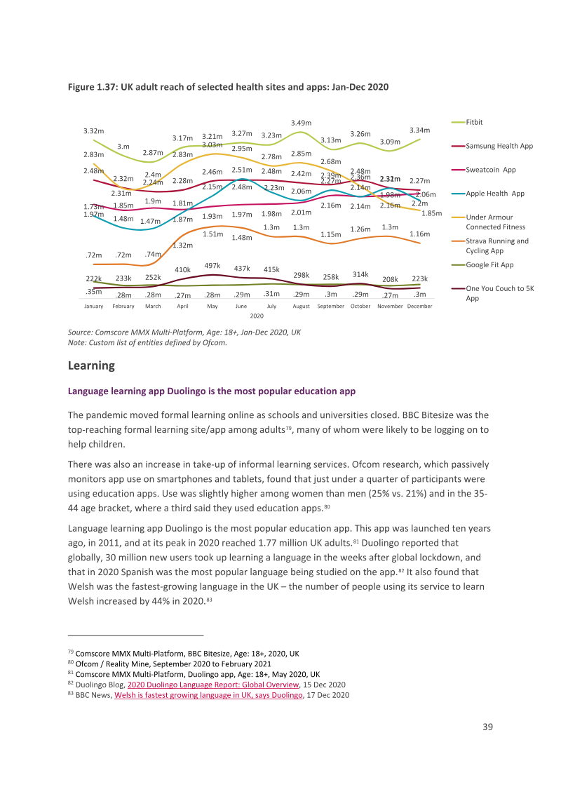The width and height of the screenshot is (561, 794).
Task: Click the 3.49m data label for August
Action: [302, 123]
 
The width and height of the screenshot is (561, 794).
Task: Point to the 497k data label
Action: [212, 266]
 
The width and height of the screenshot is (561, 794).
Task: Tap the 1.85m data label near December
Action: [432, 213]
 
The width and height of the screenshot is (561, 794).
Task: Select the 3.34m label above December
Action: [420, 130]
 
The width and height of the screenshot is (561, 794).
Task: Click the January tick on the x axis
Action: [94, 307]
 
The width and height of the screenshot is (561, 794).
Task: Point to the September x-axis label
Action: [330, 307]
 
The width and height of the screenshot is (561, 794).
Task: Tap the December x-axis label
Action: [420, 307]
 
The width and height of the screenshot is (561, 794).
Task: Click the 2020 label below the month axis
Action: [257, 316]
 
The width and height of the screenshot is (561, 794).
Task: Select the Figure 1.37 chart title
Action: [229, 87]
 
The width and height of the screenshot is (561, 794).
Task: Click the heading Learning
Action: [91, 365]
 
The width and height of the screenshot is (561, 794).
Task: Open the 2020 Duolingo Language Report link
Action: [213, 685]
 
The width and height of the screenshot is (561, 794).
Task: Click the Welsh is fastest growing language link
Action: [208, 695]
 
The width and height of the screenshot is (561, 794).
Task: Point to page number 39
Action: [487, 727]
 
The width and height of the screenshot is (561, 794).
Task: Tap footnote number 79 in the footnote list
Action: [71, 653]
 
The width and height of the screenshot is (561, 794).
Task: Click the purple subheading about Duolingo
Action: [212, 391]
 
